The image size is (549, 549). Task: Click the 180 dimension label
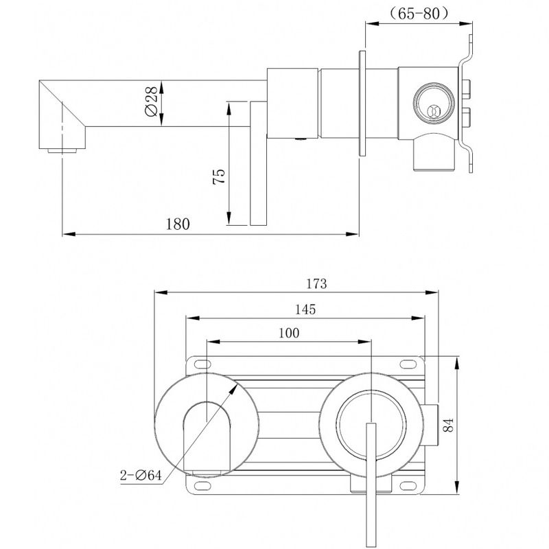(178, 224)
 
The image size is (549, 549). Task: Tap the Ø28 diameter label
(151, 101)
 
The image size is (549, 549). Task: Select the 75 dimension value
(219, 176)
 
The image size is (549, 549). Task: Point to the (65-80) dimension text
(419, 14)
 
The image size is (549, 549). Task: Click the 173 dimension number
(316, 283)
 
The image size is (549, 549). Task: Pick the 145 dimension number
(305, 309)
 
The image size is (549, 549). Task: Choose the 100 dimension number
(289, 333)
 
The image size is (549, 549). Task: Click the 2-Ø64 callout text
(141, 475)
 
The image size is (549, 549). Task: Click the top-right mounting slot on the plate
(408, 364)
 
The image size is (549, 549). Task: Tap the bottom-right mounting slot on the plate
(408, 485)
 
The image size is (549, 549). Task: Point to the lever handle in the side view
(259, 163)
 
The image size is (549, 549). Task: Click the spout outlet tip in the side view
(62, 151)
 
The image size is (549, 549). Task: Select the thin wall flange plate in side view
(362, 103)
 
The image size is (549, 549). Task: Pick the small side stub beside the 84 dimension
(432, 425)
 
